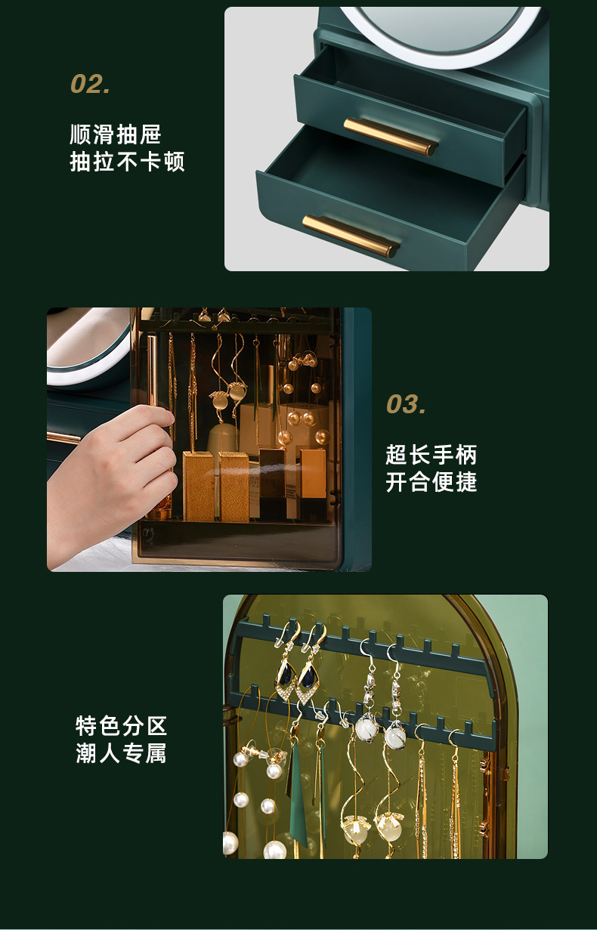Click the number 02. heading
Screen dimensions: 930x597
[91, 84]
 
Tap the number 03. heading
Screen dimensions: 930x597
[406, 405]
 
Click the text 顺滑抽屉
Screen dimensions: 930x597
[116, 135]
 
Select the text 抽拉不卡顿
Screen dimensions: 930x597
[127, 162]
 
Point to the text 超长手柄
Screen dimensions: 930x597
[432, 455]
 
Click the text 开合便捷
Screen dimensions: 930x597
[432, 482]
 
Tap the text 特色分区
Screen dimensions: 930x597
[121, 726]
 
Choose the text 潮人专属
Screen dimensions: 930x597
[121, 753]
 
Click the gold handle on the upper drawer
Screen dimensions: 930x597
[391, 136]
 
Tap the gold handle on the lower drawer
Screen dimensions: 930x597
[350, 235]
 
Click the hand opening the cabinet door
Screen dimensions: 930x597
[113, 468]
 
